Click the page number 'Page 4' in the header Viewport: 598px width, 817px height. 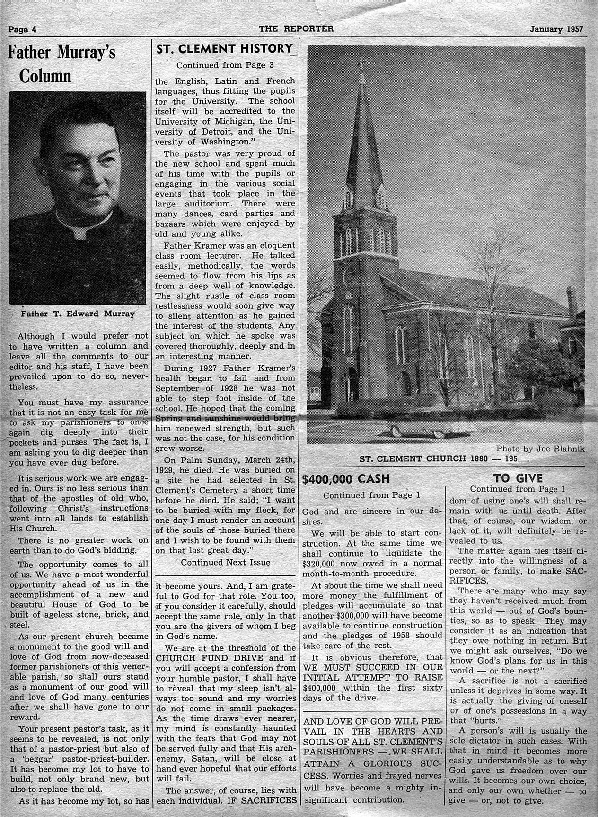pos(23,29)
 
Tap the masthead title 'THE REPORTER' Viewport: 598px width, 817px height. pos(296,28)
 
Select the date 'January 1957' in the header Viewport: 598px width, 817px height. pos(556,29)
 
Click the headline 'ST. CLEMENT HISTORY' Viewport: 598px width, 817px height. pos(224,49)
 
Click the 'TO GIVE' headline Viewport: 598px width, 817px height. pos(518,478)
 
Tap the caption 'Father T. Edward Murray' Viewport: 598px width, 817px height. pos(78,314)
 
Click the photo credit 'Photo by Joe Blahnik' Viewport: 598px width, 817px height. pos(540,449)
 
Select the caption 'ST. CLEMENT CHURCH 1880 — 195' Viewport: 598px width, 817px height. pos(443,459)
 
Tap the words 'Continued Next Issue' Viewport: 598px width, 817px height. pos(225,562)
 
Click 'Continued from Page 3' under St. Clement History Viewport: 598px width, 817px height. pos(225,65)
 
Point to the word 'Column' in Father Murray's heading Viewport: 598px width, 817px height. pos(45,76)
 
